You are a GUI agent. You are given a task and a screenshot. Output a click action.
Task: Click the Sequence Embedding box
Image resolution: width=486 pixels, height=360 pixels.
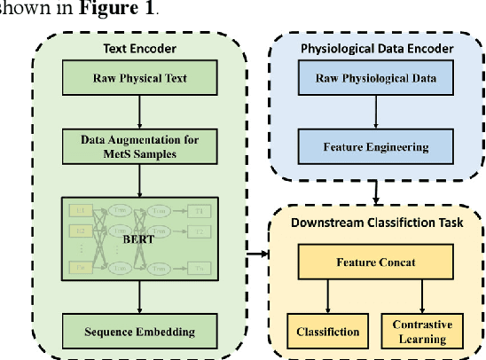pyautogui.click(x=134, y=332)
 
